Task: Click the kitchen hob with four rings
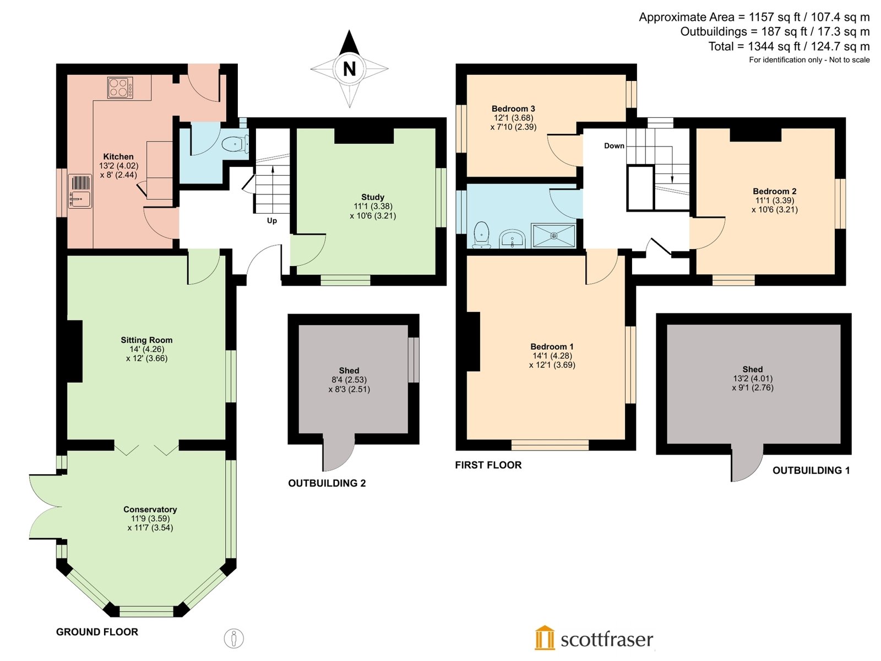pyautogui.click(x=120, y=88)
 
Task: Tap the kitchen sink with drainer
pyautogui.click(x=80, y=192)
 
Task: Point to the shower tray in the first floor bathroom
pyautogui.click(x=553, y=236)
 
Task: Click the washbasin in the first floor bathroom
pyautogui.click(x=512, y=239)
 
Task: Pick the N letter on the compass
pyautogui.click(x=349, y=69)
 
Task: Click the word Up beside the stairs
pyautogui.click(x=271, y=221)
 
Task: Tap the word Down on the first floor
pyautogui.click(x=614, y=145)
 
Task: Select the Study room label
pyautogui.click(x=372, y=197)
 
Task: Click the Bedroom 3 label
pyautogui.click(x=513, y=109)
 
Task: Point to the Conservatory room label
pyautogui.click(x=150, y=510)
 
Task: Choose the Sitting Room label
pyautogui.click(x=146, y=340)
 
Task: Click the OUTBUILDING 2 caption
pyautogui.click(x=327, y=483)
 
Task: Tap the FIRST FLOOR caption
pyautogui.click(x=488, y=465)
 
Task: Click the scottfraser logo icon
pyautogui.click(x=544, y=637)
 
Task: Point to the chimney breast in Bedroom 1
pyautogui.click(x=473, y=342)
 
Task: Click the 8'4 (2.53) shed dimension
pyautogui.click(x=349, y=380)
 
